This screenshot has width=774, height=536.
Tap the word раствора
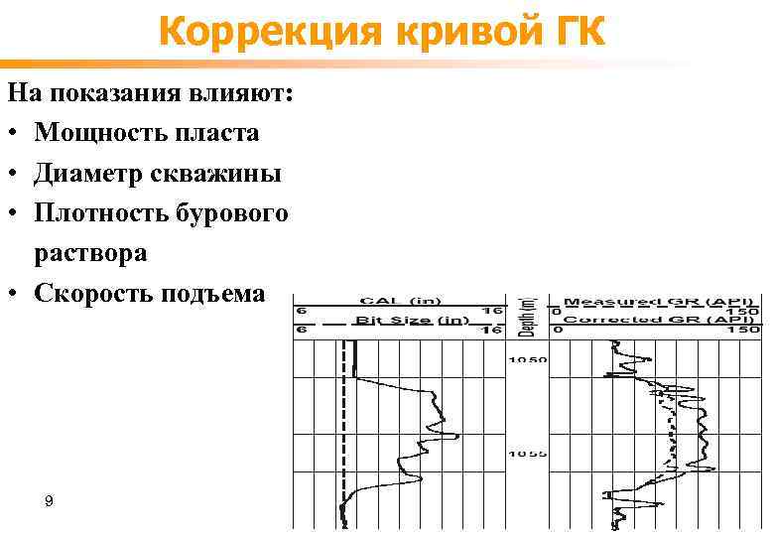pos(91,253)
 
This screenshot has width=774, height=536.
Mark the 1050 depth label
pos(528,359)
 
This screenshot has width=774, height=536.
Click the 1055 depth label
pos(528,454)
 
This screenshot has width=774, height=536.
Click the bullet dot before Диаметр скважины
pos(14,175)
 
